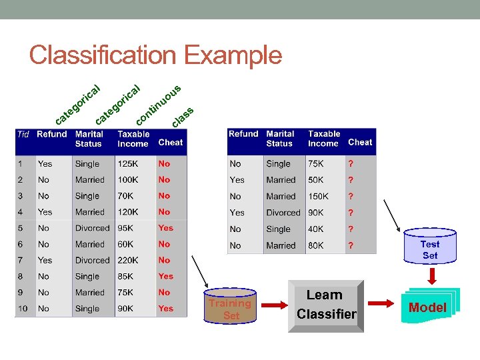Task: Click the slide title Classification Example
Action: point(155,55)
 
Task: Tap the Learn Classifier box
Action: point(326,305)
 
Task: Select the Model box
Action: point(427,307)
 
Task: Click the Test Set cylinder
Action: point(429,249)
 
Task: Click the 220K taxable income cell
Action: point(129,260)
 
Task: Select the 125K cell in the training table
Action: point(129,163)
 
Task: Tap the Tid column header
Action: point(23,134)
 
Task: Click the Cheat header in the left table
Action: point(171,142)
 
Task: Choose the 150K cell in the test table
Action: point(318,197)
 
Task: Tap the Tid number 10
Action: point(23,309)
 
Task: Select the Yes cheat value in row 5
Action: point(165,228)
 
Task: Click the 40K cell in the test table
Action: point(316,229)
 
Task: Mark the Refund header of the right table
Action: point(243,134)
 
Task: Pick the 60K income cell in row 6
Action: point(127,244)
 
